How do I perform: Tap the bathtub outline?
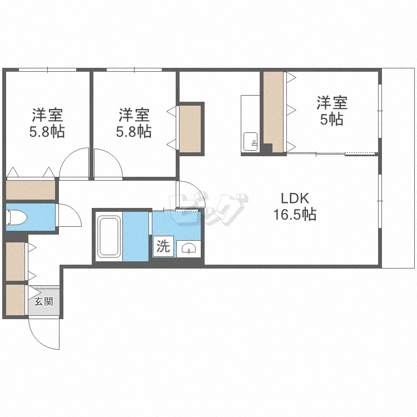(108, 236)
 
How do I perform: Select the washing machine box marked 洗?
(163, 246)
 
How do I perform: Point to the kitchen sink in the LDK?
(251, 141)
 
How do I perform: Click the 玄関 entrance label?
(43, 301)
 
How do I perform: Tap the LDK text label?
(295, 198)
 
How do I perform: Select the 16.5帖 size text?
(295, 215)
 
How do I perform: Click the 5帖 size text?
(331, 119)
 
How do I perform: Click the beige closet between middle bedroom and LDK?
(190, 129)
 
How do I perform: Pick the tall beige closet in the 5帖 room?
(273, 112)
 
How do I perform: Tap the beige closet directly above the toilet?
(31, 190)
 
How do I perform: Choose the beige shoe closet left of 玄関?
(16, 300)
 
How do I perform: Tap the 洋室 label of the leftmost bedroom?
(47, 115)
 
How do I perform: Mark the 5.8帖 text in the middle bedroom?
(134, 131)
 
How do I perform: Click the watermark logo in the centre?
(209, 209)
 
